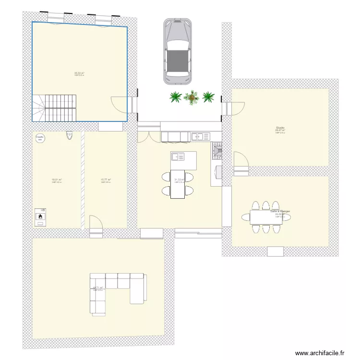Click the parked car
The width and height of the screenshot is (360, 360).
click(x=177, y=51)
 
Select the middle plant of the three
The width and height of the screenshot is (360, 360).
click(x=192, y=97)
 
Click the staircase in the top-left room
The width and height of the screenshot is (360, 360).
click(x=55, y=108)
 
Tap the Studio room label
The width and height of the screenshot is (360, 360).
click(x=280, y=128)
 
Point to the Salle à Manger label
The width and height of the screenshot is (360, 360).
click(x=280, y=211)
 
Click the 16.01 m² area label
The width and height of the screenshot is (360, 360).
click(x=57, y=180)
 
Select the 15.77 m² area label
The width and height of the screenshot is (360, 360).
click(x=106, y=180)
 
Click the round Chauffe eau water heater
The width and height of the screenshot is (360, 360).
click(x=40, y=138)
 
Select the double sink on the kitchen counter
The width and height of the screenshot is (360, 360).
click(x=198, y=137)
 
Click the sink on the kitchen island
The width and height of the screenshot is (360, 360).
click(x=177, y=156)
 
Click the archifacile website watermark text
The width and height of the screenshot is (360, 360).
click(x=320, y=353)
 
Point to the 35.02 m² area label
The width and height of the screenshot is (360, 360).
click(x=79, y=73)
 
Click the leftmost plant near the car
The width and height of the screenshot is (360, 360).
click(x=176, y=97)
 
